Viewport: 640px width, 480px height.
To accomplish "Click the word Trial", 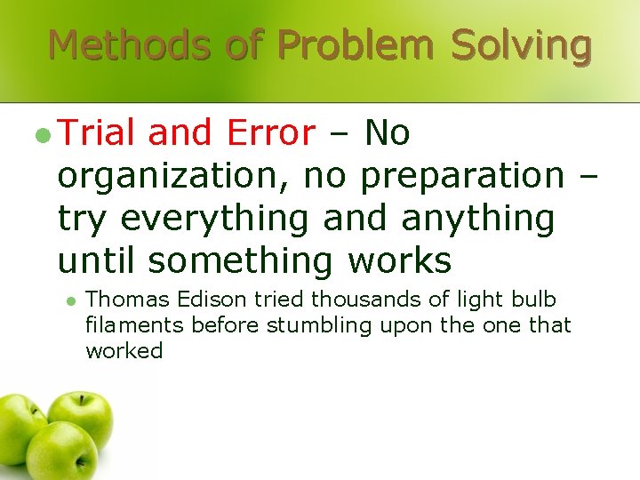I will click(x=97, y=133).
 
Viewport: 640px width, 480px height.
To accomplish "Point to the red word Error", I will click(x=271, y=133).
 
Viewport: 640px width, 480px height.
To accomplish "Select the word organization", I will click(x=170, y=176).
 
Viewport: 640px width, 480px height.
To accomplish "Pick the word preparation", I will click(x=461, y=176).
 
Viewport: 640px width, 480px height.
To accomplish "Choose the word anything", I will click(x=477, y=218).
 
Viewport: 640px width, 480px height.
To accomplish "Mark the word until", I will click(x=98, y=260).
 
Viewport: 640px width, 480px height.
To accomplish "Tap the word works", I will click(x=400, y=260).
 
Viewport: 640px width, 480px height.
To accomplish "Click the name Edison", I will click(x=192, y=300).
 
